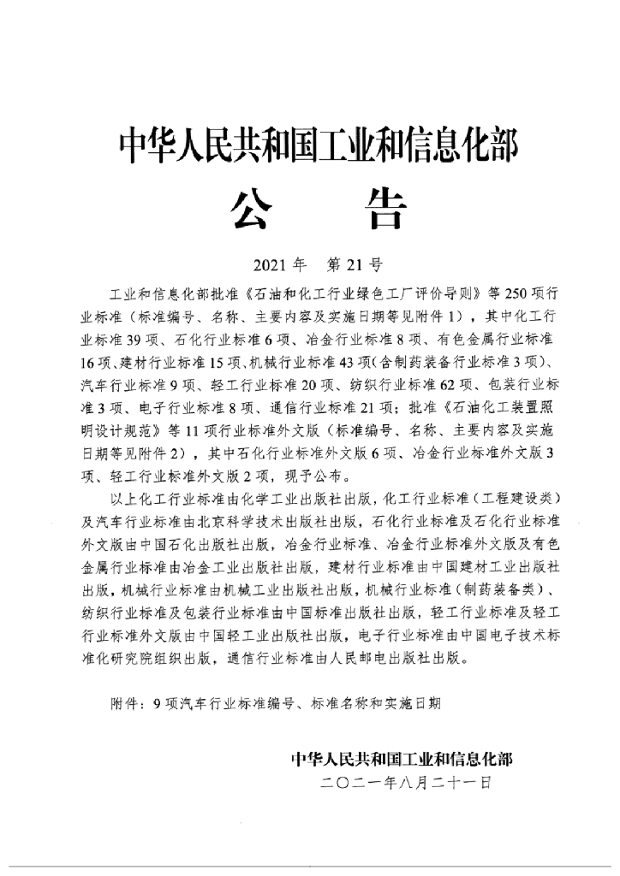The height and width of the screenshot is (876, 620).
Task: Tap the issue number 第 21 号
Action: (x=354, y=263)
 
